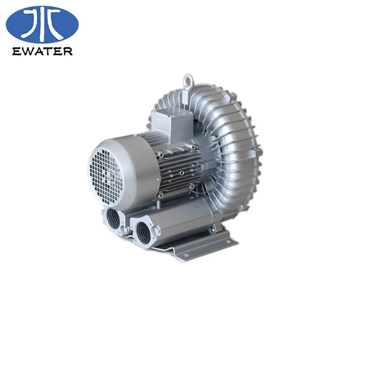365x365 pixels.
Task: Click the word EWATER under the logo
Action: click(43, 51)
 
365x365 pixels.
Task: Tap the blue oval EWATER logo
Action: click(42, 23)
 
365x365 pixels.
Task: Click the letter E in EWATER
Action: click(15, 51)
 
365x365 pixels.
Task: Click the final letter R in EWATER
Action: click(68, 51)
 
